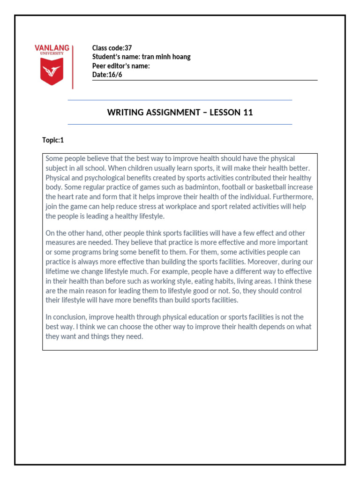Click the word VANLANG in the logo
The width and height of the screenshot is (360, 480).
point(52,48)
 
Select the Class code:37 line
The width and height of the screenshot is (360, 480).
point(112,48)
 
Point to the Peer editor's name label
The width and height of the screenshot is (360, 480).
point(121,66)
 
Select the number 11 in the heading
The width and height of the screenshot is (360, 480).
point(248,112)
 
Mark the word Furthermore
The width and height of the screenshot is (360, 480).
point(295,197)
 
